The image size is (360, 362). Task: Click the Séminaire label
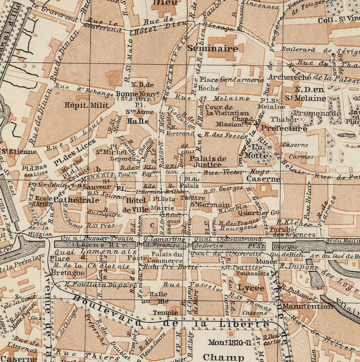coord(213,49)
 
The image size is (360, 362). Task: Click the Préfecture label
coord(284,129)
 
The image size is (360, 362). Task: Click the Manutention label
coord(308,306)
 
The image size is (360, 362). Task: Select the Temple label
coord(166,313)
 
